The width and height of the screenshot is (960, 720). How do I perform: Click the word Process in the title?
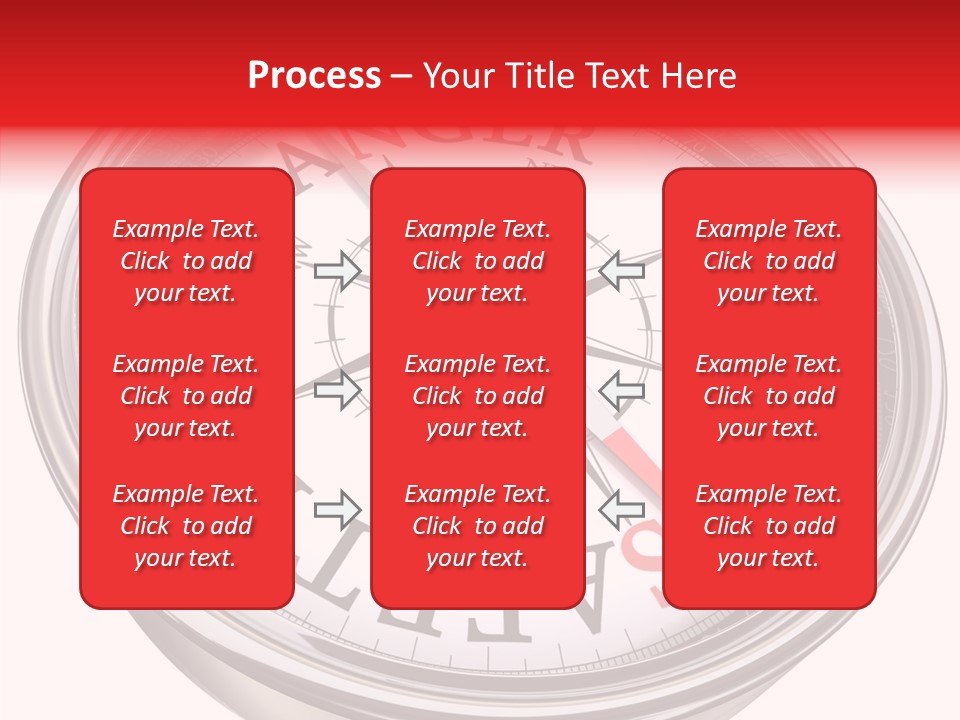[x=314, y=76]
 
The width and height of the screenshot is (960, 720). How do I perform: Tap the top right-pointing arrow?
[x=337, y=270]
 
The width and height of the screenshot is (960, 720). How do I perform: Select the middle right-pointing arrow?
[x=337, y=390]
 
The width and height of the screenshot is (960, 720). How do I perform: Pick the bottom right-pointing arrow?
[x=337, y=510]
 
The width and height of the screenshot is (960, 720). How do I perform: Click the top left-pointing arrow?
[x=622, y=270]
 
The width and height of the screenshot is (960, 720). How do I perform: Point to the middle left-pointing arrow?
[x=622, y=390]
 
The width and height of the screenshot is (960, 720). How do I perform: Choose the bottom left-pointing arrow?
[x=622, y=510]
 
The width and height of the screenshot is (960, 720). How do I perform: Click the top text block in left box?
[x=186, y=261]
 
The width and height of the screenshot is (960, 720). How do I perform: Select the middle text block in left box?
[x=186, y=396]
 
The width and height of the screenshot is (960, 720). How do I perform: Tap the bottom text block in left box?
[x=186, y=526]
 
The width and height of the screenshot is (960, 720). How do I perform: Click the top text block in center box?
[x=478, y=261]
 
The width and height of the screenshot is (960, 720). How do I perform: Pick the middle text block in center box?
[x=478, y=396]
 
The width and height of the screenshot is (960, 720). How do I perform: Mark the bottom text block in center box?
[x=478, y=526]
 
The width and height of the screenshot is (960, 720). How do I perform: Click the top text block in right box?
[x=769, y=261]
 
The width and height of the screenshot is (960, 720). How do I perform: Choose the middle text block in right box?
[x=769, y=396]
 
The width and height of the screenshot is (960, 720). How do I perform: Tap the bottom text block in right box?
[x=769, y=526]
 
